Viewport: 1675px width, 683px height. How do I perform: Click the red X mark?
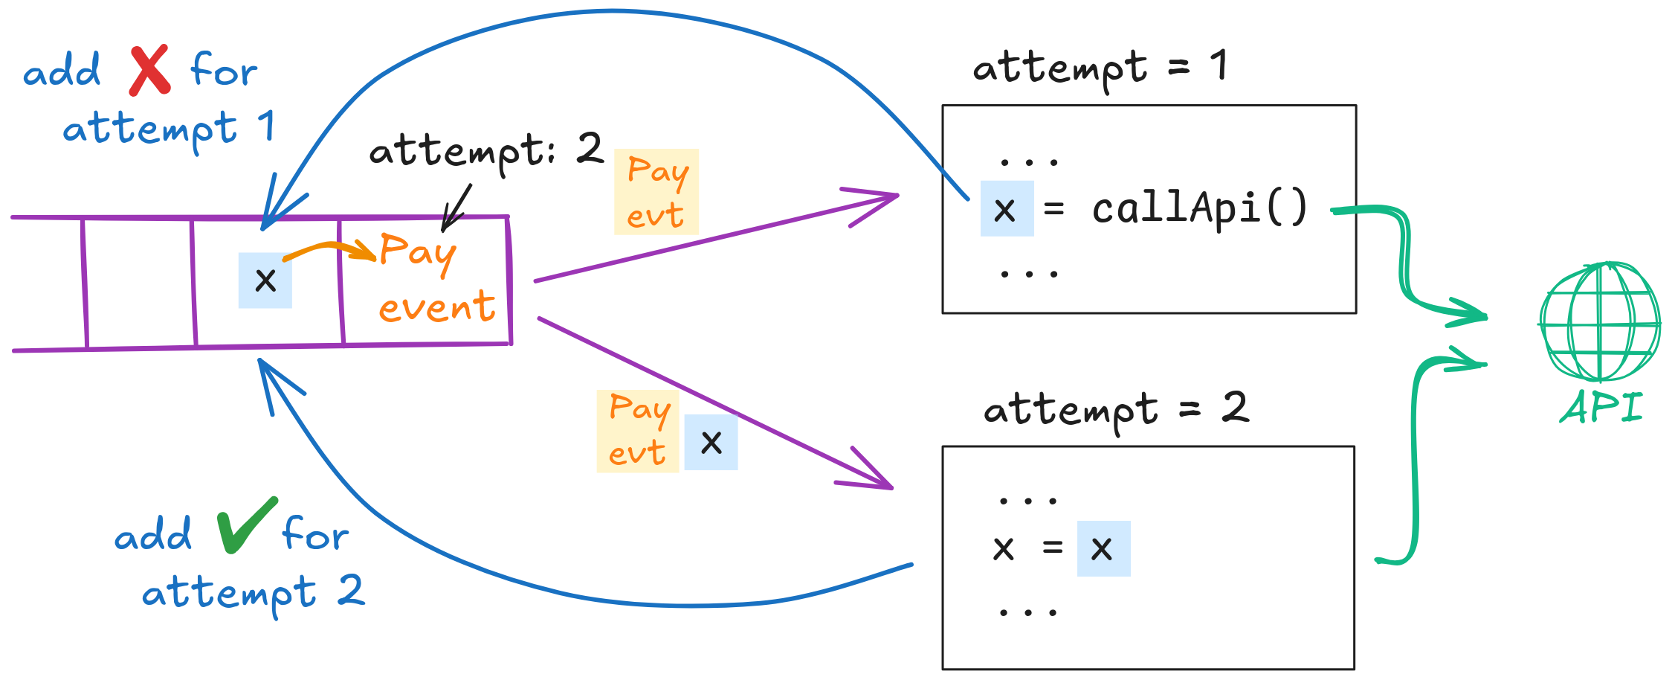click(x=149, y=71)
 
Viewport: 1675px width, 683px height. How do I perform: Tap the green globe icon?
click(x=1600, y=321)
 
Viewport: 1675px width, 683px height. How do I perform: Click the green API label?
click(x=1601, y=408)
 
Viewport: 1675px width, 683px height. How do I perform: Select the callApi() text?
click(x=1199, y=208)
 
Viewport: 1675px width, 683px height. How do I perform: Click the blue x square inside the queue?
click(x=265, y=280)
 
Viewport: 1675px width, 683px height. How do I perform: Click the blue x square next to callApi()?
click(x=1007, y=209)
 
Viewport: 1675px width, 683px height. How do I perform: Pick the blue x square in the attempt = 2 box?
click(x=1103, y=549)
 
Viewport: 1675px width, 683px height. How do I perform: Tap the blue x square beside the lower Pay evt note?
click(x=711, y=443)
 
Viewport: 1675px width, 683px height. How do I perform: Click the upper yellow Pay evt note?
click(x=656, y=192)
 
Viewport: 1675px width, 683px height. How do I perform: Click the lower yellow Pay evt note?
click(x=638, y=432)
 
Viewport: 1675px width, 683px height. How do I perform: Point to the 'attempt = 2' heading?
click(x=1115, y=410)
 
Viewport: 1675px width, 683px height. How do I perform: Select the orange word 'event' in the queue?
click(x=436, y=307)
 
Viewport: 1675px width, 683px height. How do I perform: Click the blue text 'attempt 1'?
click(x=168, y=129)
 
